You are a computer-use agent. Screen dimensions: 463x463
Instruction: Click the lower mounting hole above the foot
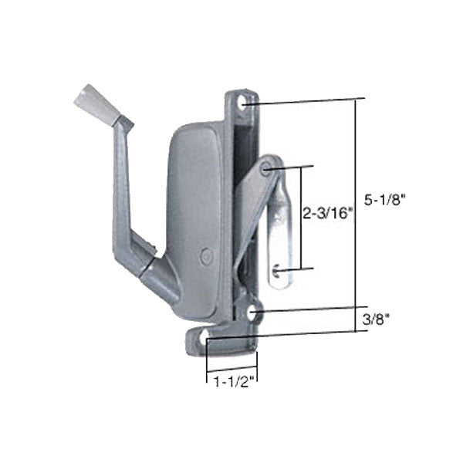(x=255, y=312)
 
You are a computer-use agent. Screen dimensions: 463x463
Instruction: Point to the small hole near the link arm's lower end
(x=275, y=269)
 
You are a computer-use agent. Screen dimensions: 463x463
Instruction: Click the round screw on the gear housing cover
(x=204, y=253)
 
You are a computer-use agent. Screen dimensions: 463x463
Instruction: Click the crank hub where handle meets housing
(x=154, y=266)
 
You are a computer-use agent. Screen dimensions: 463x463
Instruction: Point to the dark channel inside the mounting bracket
(x=245, y=154)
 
